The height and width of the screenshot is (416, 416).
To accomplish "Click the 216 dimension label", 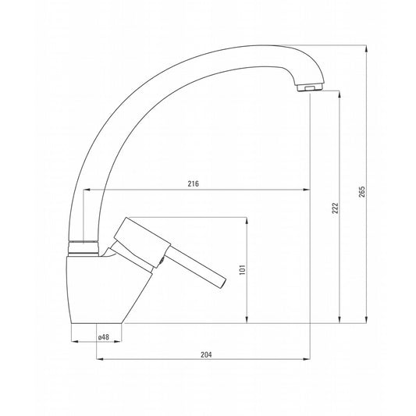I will (194, 184).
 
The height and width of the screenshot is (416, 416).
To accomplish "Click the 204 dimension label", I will (206, 354).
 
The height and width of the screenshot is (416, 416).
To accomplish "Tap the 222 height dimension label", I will (335, 208).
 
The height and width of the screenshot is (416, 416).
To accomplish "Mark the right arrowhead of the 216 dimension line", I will (307, 190).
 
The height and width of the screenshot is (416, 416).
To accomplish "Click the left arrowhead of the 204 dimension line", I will (99, 360).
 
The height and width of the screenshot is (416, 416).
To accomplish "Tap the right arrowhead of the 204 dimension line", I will (307, 360).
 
